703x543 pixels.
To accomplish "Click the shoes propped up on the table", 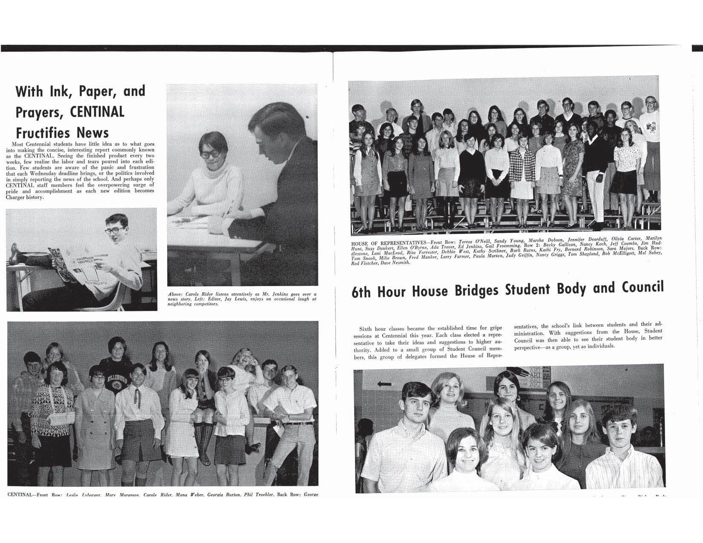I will click(23, 255).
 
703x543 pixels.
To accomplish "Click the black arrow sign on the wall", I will click(384, 384).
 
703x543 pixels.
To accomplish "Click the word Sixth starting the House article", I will click(368, 329).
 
